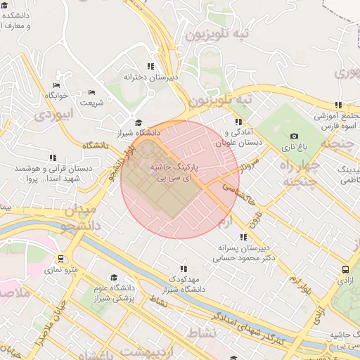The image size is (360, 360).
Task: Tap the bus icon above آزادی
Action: tap(345, 269)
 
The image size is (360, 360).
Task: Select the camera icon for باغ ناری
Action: tap(293, 136)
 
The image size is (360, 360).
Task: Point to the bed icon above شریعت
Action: tap(91, 92)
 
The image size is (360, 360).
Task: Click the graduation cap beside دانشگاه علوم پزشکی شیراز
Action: tap(114, 278)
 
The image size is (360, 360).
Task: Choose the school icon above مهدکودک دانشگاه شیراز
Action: tap(183, 269)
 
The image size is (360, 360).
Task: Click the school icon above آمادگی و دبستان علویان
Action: tap(238, 122)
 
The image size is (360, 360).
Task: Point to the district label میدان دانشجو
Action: tap(79, 217)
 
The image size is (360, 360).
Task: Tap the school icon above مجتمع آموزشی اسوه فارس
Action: tap(339, 105)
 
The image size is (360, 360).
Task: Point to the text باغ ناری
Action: tap(294, 148)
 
